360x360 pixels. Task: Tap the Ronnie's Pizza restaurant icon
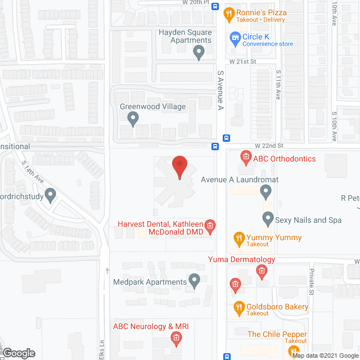[229, 13]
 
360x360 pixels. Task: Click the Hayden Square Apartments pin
[198, 53]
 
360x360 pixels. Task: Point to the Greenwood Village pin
[133, 118]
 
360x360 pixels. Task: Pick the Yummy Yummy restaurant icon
[238, 238]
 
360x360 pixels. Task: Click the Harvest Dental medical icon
[210, 226]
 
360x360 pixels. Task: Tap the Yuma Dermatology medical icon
[261, 272]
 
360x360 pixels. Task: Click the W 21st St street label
[242, 61]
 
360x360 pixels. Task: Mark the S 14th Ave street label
[33, 172]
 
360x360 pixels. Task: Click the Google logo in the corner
[18, 353]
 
